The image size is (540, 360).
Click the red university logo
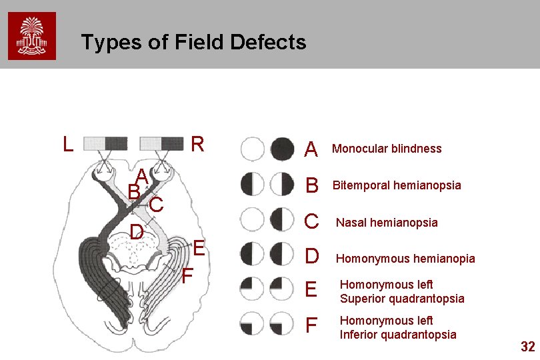pyautogui.click(x=32, y=36)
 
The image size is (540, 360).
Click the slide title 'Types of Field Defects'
pyautogui.click(x=193, y=43)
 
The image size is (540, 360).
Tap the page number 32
pyautogui.click(x=527, y=346)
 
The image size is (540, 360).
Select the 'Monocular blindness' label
pyautogui.click(x=387, y=149)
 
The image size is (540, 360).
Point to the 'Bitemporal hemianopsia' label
pyautogui.click(x=397, y=185)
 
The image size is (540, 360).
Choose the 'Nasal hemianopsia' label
pyautogui.click(x=387, y=223)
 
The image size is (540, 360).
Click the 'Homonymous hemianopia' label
pyautogui.click(x=405, y=259)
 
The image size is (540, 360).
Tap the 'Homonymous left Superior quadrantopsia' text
pyautogui.click(x=402, y=291)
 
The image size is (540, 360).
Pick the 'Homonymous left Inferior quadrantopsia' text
pyautogui.click(x=398, y=327)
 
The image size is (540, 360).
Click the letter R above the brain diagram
pyautogui.click(x=197, y=144)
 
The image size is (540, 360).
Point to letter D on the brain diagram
pyautogui.click(x=137, y=232)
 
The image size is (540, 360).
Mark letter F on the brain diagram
pyautogui.click(x=187, y=275)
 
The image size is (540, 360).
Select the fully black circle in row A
pyautogui.click(x=283, y=148)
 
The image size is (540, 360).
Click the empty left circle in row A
pyautogui.click(x=252, y=148)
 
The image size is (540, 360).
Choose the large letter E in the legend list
pyautogui.click(x=310, y=290)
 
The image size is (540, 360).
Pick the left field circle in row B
pyautogui.click(x=252, y=183)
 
